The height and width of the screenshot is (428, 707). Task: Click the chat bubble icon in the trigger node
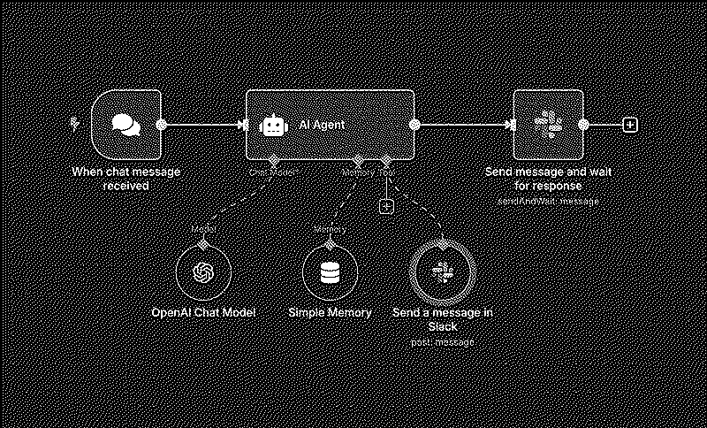(x=126, y=125)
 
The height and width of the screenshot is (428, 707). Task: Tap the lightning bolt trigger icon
(x=75, y=124)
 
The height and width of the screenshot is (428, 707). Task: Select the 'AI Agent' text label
(x=322, y=125)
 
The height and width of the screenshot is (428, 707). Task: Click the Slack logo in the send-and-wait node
(x=551, y=125)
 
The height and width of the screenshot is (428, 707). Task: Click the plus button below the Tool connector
(x=385, y=205)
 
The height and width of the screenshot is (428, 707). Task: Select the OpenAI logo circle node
(x=202, y=272)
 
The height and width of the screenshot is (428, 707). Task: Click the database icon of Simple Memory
(x=329, y=272)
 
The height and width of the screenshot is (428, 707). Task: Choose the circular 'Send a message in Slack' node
(x=442, y=272)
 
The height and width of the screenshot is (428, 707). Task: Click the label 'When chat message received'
(x=125, y=179)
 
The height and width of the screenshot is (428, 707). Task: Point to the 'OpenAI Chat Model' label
(x=203, y=313)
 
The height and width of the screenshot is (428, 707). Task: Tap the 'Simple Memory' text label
(x=330, y=313)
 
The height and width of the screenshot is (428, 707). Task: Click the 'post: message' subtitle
(x=443, y=342)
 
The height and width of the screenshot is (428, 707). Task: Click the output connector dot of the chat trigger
(x=161, y=125)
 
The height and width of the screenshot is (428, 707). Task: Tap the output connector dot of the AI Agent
(x=414, y=125)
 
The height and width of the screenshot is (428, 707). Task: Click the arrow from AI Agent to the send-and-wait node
(x=464, y=125)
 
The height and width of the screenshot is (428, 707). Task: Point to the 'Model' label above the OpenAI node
(x=202, y=230)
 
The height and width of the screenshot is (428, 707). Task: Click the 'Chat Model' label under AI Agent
(x=273, y=172)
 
